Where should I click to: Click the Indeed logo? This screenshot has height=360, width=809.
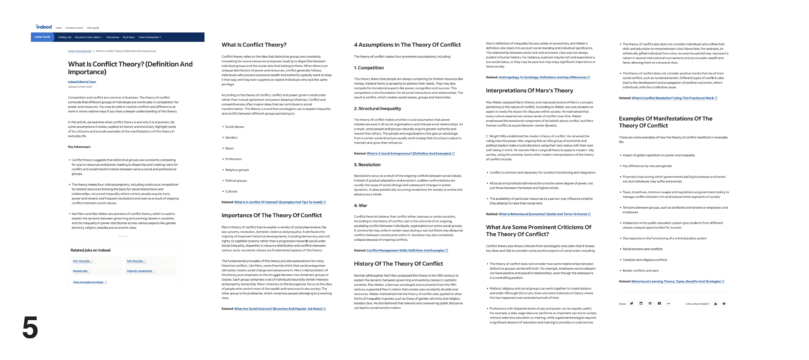click(x=44, y=27)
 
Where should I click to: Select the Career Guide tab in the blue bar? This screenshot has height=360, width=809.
click(x=42, y=37)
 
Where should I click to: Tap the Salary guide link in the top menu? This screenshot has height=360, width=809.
click(x=93, y=28)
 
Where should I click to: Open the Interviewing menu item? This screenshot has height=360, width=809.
click(x=112, y=37)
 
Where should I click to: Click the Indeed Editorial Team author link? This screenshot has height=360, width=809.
click(x=82, y=82)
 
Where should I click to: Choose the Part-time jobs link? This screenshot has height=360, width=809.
click(x=81, y=261)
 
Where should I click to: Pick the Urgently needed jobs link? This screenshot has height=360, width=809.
click(x=139, y=271)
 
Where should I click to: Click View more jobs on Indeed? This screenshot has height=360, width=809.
click(x=88, y=282)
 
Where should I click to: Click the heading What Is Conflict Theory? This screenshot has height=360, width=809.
click(x=254, y=45)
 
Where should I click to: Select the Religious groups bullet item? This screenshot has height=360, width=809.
click(x=237, y=170)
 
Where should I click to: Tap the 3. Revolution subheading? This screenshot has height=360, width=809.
click(x=367, y=165)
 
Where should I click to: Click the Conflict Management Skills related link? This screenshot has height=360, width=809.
click(x=405, y=250)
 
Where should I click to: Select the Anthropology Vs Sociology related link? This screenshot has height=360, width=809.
click(x=542, y=77)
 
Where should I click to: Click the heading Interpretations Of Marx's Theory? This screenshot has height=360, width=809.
click(x=529, y=91)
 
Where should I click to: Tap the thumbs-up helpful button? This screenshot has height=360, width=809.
click(x=715, y=304)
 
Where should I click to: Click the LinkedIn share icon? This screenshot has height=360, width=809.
click(x=641, y=304)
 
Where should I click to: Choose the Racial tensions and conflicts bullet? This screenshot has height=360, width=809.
click(x=642, y=249)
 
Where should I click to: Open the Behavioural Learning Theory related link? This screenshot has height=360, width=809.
click(x=676, y=282)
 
